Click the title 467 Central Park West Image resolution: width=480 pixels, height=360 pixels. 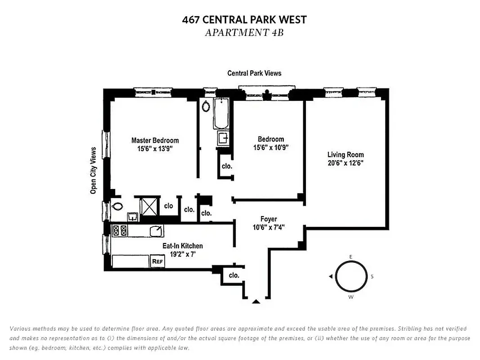click(244, 20)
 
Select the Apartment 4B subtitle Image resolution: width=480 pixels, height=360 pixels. click(244, 32)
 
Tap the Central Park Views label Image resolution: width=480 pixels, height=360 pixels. click(254, 73)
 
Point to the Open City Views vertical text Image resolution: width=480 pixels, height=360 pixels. click(94, 171)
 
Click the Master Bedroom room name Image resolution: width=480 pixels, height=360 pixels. click(155, 140)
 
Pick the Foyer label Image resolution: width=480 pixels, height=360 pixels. click(269, 219)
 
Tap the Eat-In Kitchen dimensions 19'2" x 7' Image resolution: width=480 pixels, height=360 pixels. click(183, 254)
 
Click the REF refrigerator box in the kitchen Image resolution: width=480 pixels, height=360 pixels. click(157, 261)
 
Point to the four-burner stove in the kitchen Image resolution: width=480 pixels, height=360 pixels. click(120, 231)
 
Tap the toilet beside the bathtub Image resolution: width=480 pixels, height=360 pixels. click(206, 107)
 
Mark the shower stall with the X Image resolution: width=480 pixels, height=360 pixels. click(148, 206)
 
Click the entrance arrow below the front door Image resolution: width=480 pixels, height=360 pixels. click(256, 301)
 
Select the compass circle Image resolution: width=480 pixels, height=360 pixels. click(351, 277)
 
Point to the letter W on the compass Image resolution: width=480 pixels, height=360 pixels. click(351, 297)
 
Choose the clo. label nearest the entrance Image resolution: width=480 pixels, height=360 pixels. click(234, 275)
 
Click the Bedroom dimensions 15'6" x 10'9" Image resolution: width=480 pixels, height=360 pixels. click(270, 147)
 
